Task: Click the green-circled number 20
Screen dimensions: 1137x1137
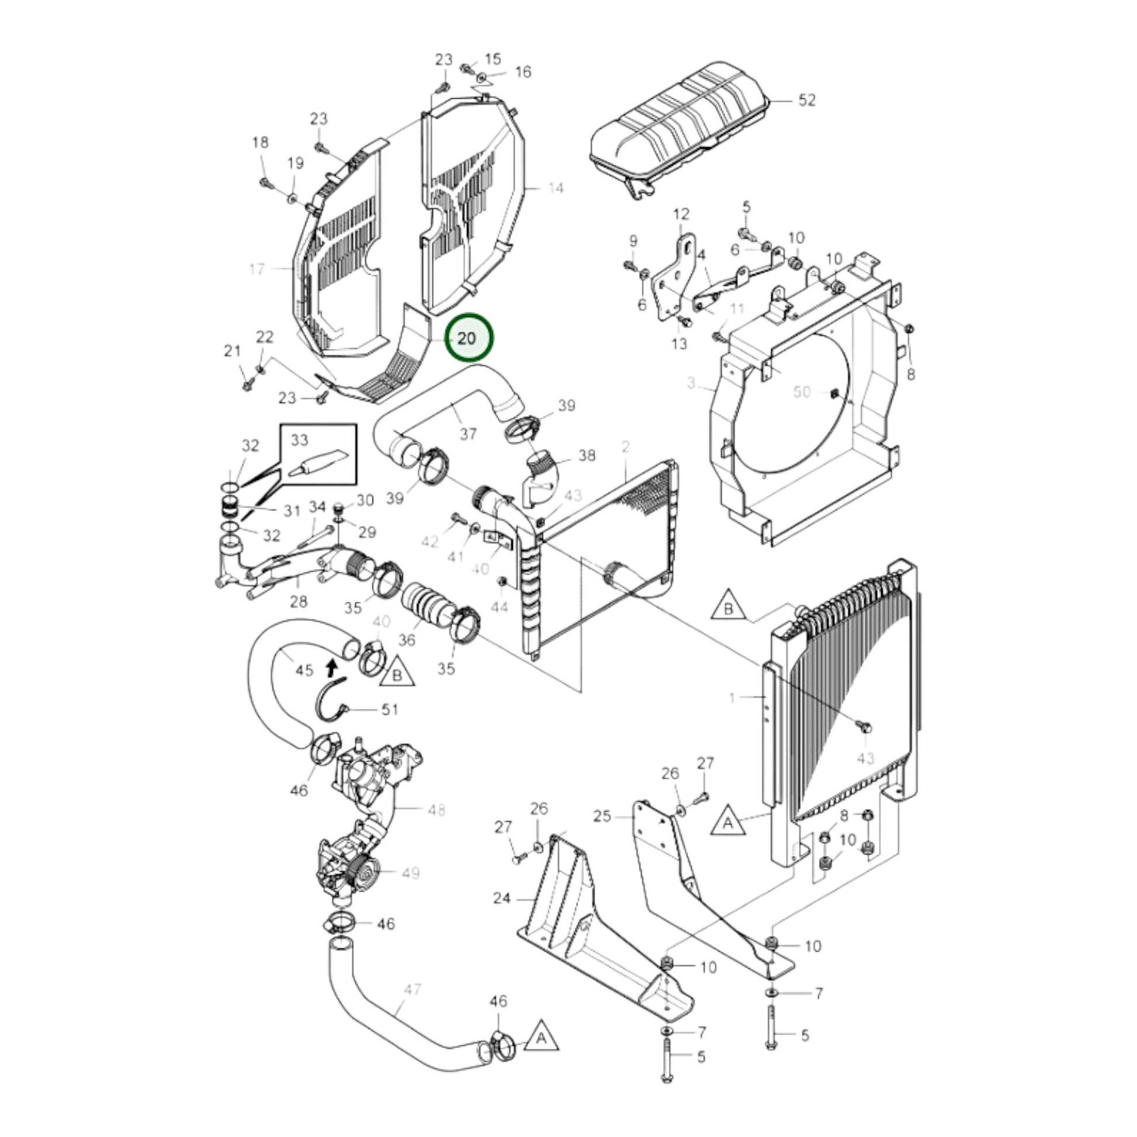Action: [469, 338]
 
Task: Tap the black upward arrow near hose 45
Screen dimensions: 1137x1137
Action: [331, 667]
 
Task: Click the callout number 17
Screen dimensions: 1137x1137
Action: [256, 269]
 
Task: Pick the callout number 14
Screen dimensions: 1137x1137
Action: [556, 188]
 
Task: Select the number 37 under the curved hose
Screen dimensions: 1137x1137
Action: [468, 434]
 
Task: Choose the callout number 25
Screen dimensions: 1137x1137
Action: [602, 816]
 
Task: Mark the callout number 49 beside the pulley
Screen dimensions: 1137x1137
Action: [410, 872]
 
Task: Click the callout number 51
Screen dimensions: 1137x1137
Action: [390, 709]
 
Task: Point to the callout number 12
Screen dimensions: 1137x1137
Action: [681, 214]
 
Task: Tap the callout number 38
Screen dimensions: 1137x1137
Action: [587, 455]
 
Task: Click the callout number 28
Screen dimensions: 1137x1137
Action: [299, 601]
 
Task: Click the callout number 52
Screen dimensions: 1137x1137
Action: [807, 100]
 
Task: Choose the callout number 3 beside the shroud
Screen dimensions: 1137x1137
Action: [691, 383]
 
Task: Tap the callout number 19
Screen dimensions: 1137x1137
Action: [296, 163]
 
